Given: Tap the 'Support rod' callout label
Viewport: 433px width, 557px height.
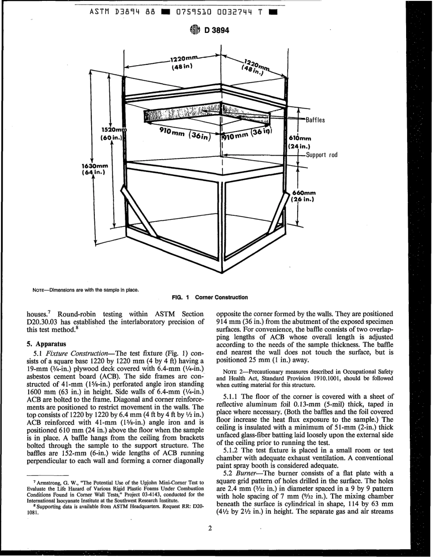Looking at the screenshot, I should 321,155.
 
